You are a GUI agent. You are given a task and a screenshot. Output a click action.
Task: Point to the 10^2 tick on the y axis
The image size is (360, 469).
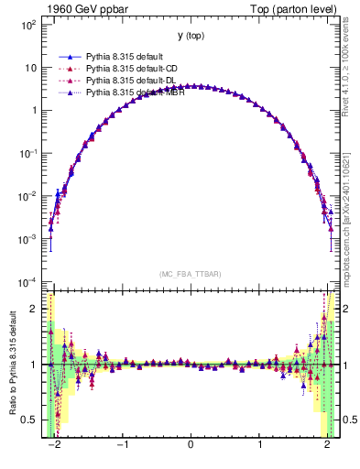tap(29, 25)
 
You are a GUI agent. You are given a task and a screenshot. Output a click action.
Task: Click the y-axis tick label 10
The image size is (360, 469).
tap(32, 68)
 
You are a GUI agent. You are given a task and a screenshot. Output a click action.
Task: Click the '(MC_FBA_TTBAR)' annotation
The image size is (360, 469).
tap(190, 275)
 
